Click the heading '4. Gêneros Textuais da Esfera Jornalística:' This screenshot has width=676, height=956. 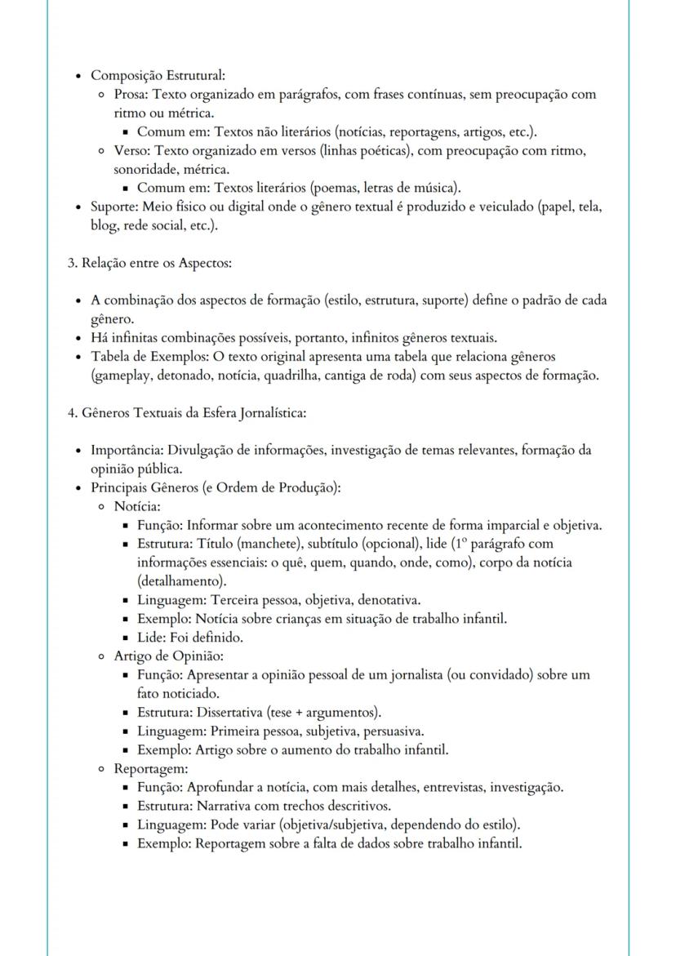(x=186, y=412)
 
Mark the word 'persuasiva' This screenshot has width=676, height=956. (x=392, y=731)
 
